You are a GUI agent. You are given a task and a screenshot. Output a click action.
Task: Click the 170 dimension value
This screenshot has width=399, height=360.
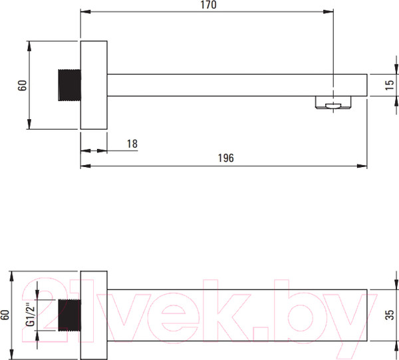(208, 5)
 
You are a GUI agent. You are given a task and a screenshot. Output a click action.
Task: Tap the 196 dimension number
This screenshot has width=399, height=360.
(225, 158)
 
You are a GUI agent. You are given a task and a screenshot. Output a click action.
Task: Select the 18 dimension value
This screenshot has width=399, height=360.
(132, 144)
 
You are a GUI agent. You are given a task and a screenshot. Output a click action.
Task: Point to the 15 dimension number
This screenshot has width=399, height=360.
(390, 85)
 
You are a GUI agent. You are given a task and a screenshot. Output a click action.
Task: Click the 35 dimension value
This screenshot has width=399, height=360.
(390, 315)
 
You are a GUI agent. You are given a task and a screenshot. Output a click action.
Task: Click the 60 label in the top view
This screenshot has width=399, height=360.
(23, 85)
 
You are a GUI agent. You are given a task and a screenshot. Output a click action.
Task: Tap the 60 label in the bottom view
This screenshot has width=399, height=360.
(5, 315)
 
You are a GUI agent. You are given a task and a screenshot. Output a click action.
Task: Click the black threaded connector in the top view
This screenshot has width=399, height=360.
(69, 85)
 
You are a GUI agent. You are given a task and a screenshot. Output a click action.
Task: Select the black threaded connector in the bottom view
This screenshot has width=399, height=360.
(69, 315)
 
